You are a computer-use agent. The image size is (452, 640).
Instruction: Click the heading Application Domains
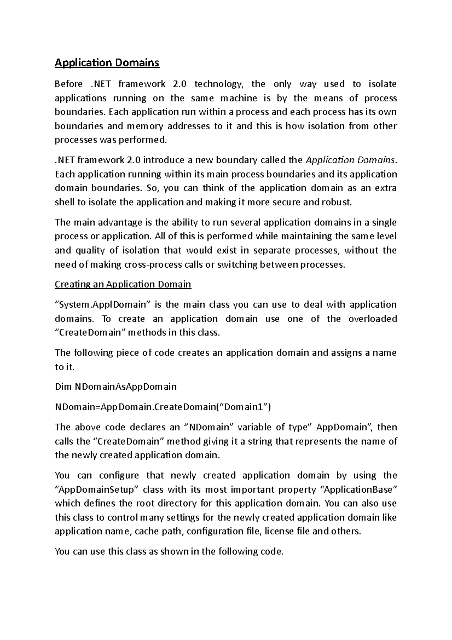[107, 63]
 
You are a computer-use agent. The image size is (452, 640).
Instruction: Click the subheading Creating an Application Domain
[123, 284]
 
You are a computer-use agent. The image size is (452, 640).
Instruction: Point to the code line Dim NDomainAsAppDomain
[115, 387]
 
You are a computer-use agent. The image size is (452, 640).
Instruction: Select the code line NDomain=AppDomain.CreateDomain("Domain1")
[163, 407]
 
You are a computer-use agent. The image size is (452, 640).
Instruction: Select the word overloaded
[372, 319]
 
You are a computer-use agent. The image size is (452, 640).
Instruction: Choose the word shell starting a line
[64, 202]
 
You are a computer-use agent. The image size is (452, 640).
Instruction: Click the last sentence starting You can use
[169, 552]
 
